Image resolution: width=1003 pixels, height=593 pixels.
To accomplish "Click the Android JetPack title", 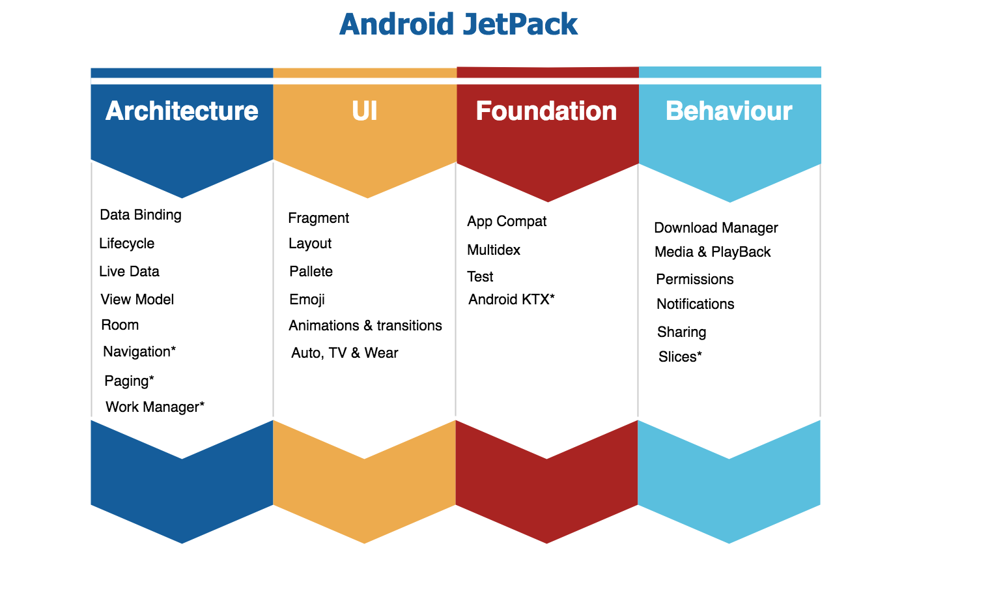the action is click(x=458, y=25).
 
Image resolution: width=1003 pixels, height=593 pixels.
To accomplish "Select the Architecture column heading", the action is click(x=182, y=111).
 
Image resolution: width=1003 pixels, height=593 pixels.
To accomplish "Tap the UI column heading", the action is click(x=364, y=111).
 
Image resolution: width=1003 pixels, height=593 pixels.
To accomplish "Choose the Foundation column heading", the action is click(x=546, y=111).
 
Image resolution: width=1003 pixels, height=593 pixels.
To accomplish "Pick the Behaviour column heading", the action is click(x=729, y=111).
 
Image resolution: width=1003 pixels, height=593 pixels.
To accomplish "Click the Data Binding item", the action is click(x=141, y=215).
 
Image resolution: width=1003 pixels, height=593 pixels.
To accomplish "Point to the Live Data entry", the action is click(x=129, y=272).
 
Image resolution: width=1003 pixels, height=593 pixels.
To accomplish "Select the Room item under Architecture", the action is click(x=120, y=325).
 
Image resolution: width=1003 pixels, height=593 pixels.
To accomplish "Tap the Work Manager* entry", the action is click(x=155, y=407).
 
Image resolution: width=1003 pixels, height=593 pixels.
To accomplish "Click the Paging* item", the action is click(x=129, y=381).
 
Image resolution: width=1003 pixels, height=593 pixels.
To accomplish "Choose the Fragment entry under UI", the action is click(x=318, y=218).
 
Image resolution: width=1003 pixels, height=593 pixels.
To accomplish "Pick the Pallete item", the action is click(x=311, y=272).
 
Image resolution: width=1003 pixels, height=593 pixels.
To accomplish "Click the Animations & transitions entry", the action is click(x=365, y=326).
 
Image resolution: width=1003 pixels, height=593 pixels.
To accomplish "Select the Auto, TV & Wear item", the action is click(x=345, y=353).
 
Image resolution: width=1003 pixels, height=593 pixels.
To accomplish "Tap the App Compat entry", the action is click(x=507, y=222).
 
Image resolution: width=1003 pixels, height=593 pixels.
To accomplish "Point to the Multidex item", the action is click(x=494, y=250).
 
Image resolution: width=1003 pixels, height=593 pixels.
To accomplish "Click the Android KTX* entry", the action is click(x=511, y=300).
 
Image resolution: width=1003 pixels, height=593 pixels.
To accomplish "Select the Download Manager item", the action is click(x=716, y=228).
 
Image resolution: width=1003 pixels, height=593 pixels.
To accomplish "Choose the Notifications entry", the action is click(x=695, y=304).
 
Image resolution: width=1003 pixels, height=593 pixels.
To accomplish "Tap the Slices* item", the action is click(x=680, y=357).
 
